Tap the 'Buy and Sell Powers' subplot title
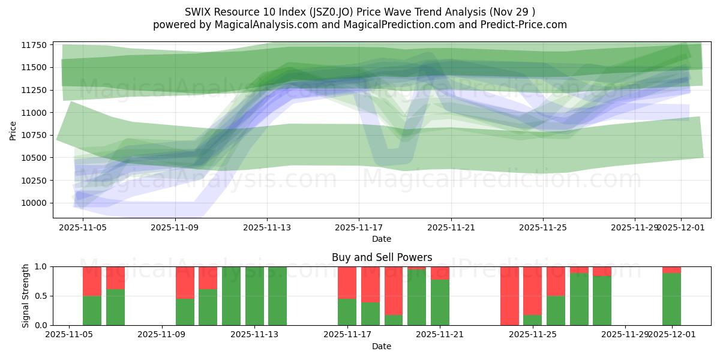[x=382, y=257]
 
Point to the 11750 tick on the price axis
[x=35, y=45]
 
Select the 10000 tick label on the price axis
[x=35, y=203]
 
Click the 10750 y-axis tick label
[x=35, y=135]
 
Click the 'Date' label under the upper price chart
[x=382, y=239]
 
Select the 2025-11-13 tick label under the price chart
[x=267, y=227]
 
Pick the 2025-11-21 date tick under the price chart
[x=451, y=227]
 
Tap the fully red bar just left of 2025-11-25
[x=509, y=296]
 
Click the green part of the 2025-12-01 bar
[x=671, y=300]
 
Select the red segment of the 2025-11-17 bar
[x=347, y=282]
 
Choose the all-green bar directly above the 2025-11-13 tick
[x=254, y=296]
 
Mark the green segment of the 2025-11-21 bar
[x=440, y=303]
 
